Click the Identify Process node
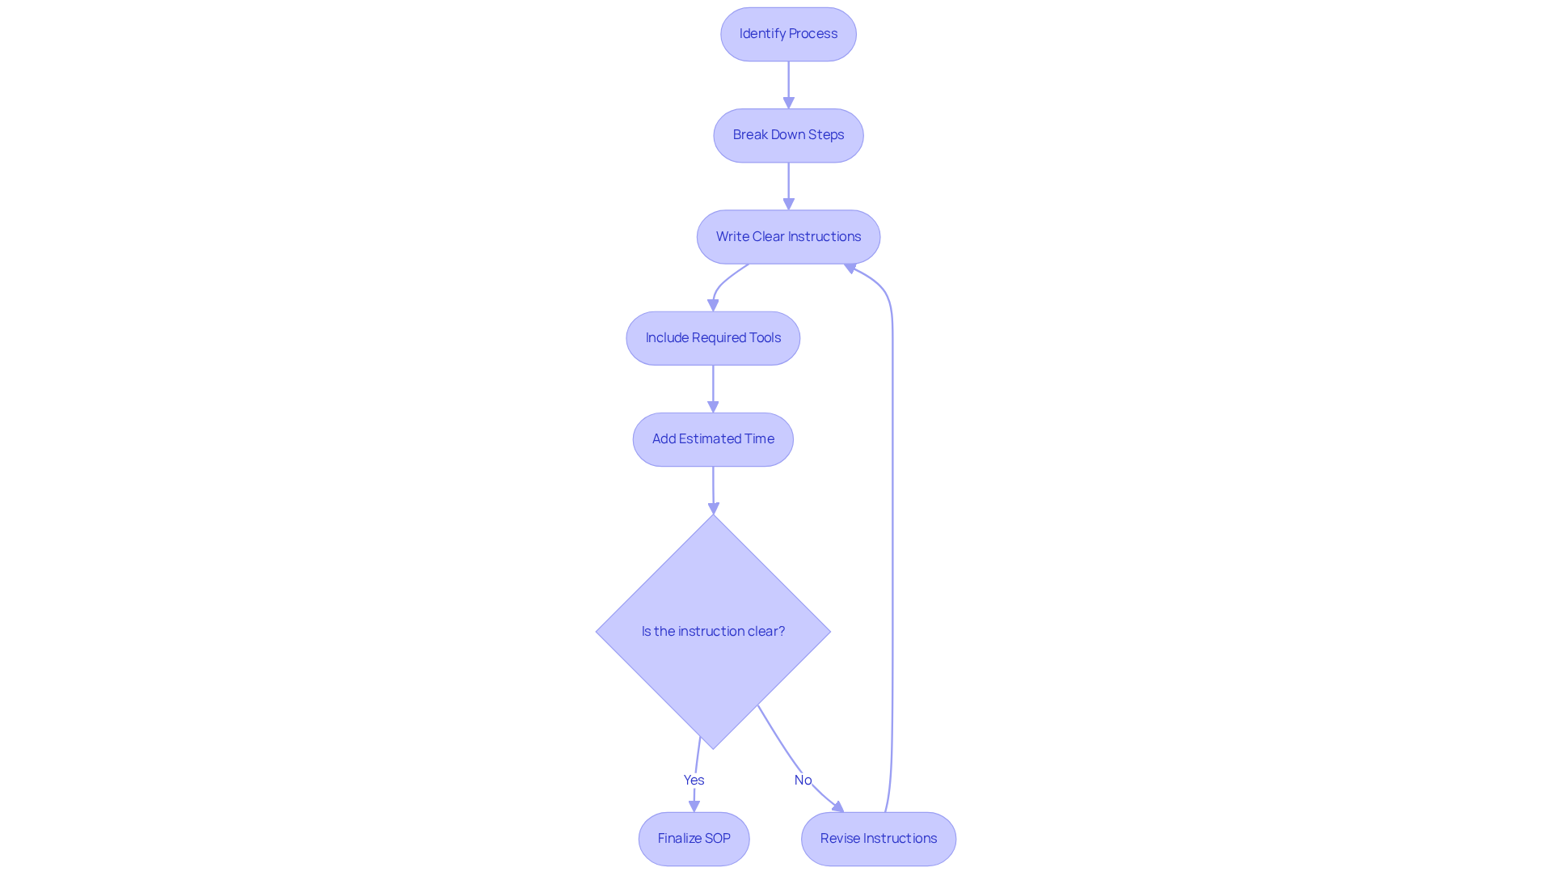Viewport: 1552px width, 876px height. (x=788, y=34)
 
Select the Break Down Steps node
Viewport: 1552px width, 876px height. (x=788, y=135)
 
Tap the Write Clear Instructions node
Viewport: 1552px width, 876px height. (x=788, y=237)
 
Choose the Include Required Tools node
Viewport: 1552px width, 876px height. (x=713, y=338)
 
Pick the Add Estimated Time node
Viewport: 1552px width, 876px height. (x=713, y=439)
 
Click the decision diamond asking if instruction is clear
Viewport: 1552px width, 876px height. (x=713, y=631)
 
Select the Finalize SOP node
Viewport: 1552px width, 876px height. (x=694, y=839)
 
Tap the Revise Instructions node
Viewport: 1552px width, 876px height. (x=878, y=839)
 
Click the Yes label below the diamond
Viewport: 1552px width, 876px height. (x=694, y=780)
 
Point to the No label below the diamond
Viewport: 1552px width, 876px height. (x=803, y=780)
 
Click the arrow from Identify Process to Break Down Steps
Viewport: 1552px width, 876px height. (x=788, y=84)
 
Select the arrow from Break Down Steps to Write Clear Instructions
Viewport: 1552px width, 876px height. (x=788, y=185)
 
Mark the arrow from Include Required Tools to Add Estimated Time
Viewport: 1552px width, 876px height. (x=713, y=388)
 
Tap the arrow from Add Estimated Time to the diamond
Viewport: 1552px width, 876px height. (x=713, y=489)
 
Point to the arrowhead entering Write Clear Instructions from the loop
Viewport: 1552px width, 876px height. (x=850, y=268)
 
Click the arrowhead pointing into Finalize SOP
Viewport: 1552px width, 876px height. (x=694, y=806)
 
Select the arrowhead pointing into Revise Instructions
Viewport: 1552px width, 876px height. (x=838, y=806)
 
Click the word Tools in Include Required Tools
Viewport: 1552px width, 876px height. (x=765, y=338)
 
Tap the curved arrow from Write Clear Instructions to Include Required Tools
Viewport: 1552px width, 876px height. (x=721, y=284)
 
